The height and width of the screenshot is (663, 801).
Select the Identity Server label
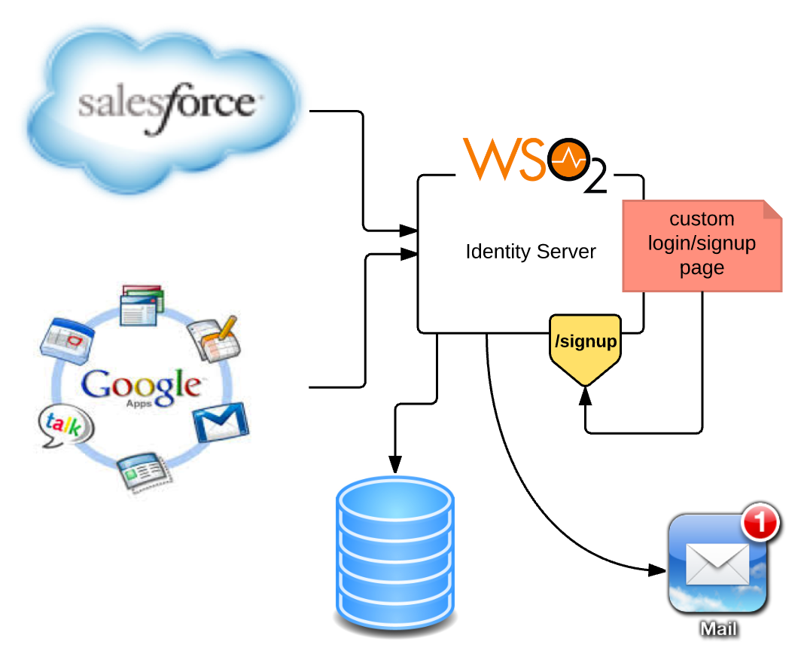(531, 252)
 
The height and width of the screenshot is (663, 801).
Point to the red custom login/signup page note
(702, 244)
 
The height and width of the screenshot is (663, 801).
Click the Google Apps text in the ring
(142, 386)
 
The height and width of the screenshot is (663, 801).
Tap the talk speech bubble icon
(66, 428)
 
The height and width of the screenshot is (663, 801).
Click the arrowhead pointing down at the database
(394, 464)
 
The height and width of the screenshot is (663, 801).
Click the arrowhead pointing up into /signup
(586, 394)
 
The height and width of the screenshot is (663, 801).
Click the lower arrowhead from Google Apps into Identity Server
(409, 255)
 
